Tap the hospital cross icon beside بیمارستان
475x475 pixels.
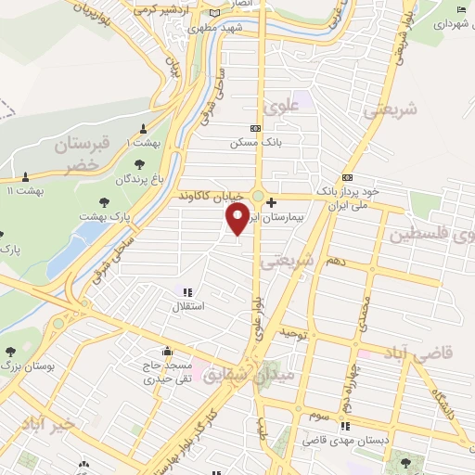(270, 201)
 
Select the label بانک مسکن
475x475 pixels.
(255, 144)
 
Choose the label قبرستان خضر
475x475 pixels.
(82, 155)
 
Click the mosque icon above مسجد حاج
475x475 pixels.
(167, 352)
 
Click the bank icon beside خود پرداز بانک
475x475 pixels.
(347, 177)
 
